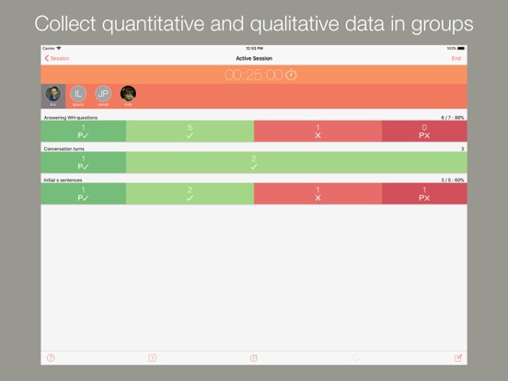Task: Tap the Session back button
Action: [x=57, y=58]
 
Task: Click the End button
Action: [x=456, y=58]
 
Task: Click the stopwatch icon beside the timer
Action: [x=291, y=75]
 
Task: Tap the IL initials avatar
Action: [x=78, y=93]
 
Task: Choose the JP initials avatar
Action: [x=103, y=93]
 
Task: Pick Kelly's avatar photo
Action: [x=128, y=93]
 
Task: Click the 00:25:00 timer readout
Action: [x=253, y=75]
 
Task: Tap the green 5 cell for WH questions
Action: [x=190, y=132]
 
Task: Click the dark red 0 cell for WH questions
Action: [x=424, y=132]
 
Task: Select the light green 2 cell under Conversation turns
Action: [x=253, y=163]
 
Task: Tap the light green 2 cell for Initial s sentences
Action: [x=190, y=194]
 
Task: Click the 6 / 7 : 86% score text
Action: [x=453, y=118]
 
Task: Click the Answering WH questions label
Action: [x=70, y=118]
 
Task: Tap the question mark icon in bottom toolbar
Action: [x=51, y=358]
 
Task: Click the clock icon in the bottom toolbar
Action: [x=254, y=358]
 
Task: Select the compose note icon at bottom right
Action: [x=457, y=358]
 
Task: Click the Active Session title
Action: [x=253, y=58]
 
